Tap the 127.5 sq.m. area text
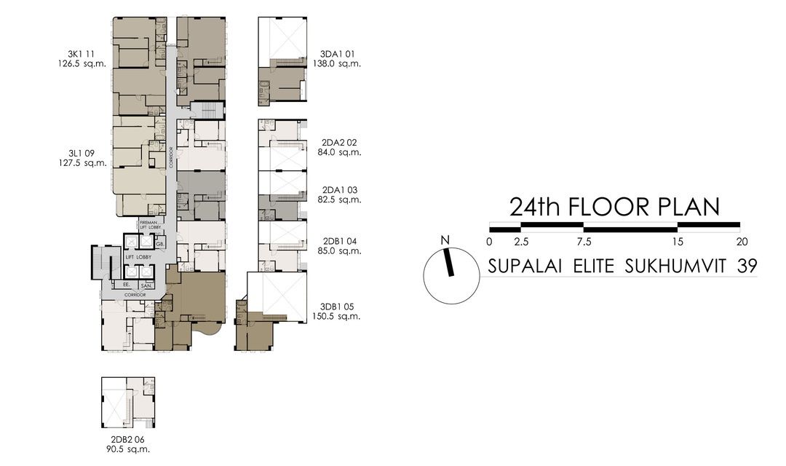[x=87, y=163]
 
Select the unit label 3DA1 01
[x=340, y=53]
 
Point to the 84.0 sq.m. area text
[x=340, y=153]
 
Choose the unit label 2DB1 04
[x=340, y=241]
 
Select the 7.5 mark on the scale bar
[x=584, y=242]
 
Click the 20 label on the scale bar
[x=742, y=242]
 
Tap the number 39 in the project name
[x=747, y=266]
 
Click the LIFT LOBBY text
[x=138, y=258]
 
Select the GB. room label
[x=159, y=243]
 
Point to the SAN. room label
[x=146, y=286]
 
